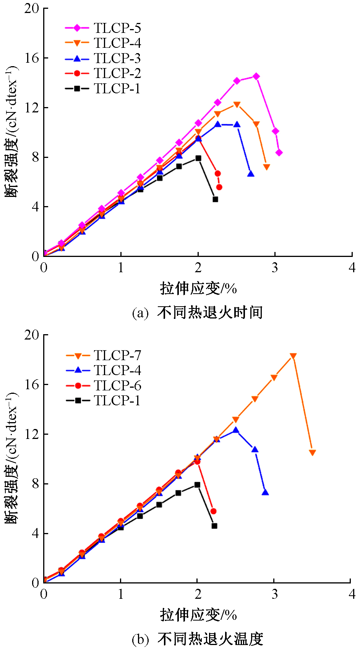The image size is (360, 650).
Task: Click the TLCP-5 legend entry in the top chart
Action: (x=103, y=28)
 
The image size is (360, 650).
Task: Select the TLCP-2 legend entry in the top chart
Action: (x=103, y=73)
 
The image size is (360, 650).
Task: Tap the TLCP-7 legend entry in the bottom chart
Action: (x=103, y=355)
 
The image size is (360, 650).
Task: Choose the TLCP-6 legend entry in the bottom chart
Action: (x=103, y=386)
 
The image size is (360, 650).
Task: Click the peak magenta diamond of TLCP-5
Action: (x=256, y=76)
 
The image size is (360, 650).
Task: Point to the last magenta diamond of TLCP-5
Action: (x=279, y=153)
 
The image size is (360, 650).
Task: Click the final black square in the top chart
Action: (x=215, y=199)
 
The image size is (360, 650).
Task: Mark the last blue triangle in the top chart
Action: (x=251, y=174)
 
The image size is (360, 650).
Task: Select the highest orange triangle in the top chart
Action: (x=237, y=105)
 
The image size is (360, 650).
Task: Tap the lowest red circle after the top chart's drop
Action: (x=219, y=187)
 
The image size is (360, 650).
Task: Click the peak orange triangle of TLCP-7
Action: (x=293, y=356)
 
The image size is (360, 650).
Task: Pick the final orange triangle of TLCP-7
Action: (x=312, y=453)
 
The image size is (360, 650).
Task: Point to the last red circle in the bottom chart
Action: (x=214, y=511)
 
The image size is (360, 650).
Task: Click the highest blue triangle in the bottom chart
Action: (x=236, y=430)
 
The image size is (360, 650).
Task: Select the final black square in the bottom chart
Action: (x=214, y=526)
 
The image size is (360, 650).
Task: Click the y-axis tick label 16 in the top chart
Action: (x=32, y=58)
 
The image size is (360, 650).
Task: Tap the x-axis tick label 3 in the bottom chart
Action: (x=274, y=594)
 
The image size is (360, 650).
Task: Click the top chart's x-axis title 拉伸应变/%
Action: (x=198, y=288)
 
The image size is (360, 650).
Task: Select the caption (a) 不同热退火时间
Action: (x=197, y=313)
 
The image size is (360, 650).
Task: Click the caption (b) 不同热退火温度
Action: (x=197, y=639)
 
